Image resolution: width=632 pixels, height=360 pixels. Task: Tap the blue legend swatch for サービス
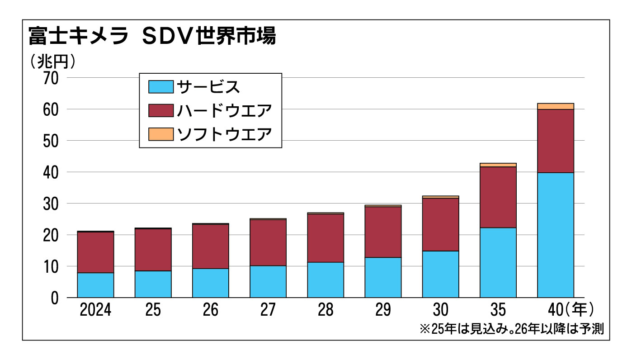pyautogui.click(x=161, y=86)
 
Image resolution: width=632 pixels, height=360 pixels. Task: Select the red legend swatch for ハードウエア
pyautogui.click(x=161, y=110)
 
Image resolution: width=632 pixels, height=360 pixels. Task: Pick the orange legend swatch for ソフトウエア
pyautogui.click(x=161, y=134)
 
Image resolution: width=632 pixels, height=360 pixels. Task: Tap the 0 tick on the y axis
pyautogui.click(x=55, y=298)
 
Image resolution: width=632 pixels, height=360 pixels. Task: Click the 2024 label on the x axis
pyautogui.click(x=95, y=310)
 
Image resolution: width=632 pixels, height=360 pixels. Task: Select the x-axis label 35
pyautogui.click(x=498, y=310)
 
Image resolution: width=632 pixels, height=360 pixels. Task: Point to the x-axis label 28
pyautogui.click(x=325, y=310)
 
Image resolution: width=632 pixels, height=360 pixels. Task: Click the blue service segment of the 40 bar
pyautogui.click(x=555, y=235)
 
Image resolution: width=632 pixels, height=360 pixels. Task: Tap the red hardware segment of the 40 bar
pyautogui.click(x=555, y=141)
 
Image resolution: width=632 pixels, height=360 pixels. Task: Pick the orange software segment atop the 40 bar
pyautogui.click(x=555, y=106)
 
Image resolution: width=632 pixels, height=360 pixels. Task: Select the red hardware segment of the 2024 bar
pyautogui.click(x=95, y=252)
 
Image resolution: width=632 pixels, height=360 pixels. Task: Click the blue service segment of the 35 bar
pyautogui.click(x=498, y=262)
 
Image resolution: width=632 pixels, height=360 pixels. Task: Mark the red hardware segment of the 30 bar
pyautogui.click(x=440, y=224)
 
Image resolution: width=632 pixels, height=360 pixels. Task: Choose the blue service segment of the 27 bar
pyautogui.click(x=268, y=281)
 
